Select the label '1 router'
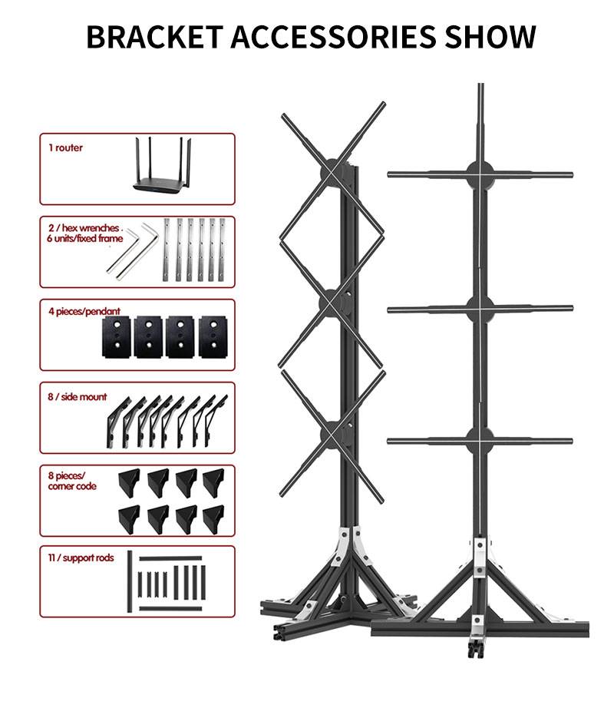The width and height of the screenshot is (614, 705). pos(65,147)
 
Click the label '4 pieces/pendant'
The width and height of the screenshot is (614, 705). pos(84,312)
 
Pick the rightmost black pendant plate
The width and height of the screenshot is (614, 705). pos(211,336)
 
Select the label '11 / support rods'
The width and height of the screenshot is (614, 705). pos(81,558)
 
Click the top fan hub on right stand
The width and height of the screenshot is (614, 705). pos(480,174)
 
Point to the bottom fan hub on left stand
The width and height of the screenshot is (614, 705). pos(332,434)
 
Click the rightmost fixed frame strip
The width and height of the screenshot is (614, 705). pos(223,248)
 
